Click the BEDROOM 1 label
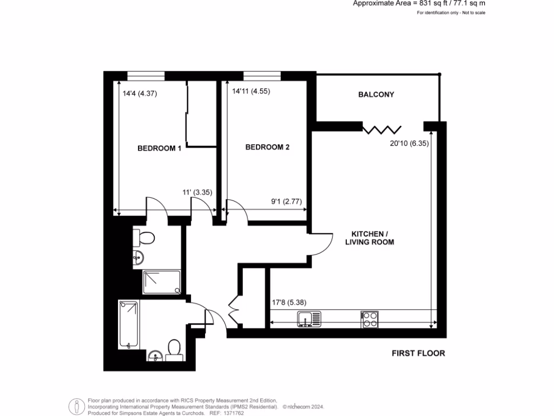pos(159,148)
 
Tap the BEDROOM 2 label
pos(267,147)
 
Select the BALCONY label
pos(376,94)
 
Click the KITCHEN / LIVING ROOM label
pos(370,238)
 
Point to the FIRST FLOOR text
pos(418,353)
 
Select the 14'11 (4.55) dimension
pos(250,92)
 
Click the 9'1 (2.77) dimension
pos(286,201)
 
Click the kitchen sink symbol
pos(309,319)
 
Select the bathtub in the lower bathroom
pos(129,325)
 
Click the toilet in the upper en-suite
pos(144,237)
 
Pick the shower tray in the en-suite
pos(162,282)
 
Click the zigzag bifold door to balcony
pos(382,129)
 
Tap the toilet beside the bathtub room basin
pos(174,349)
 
